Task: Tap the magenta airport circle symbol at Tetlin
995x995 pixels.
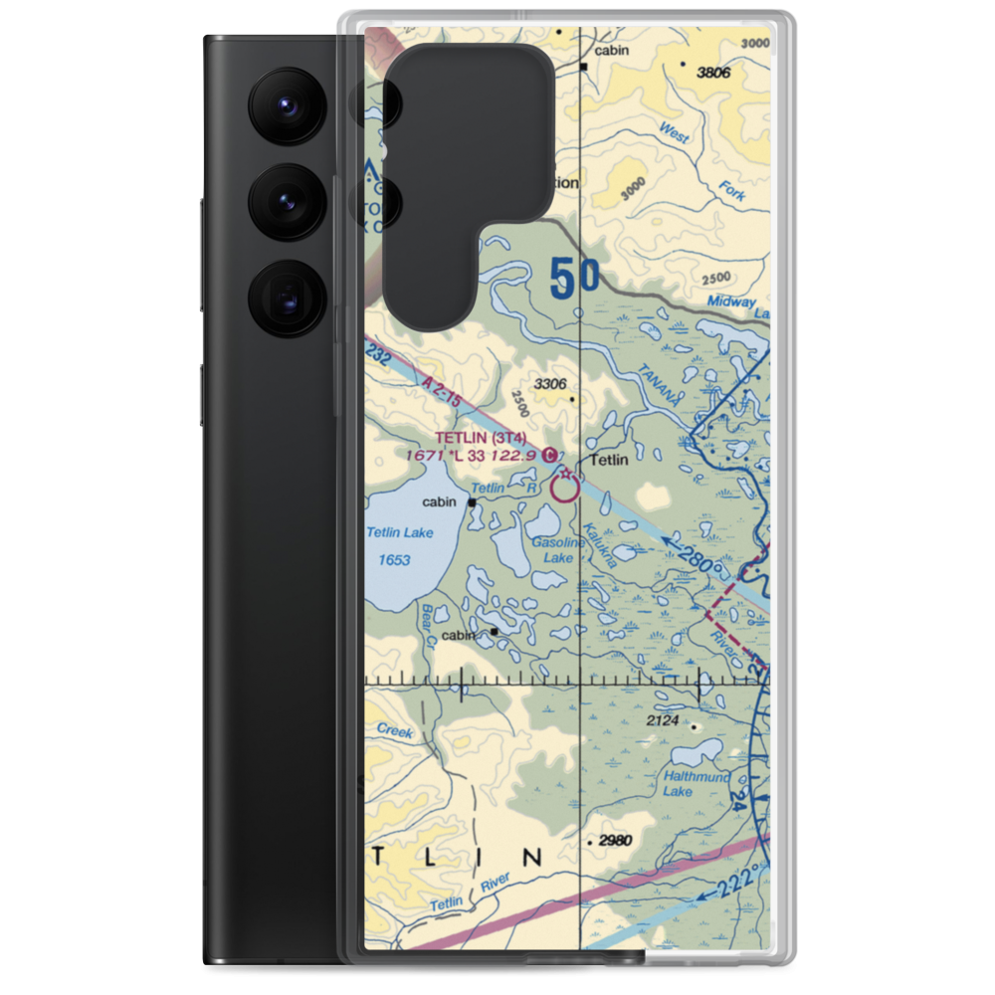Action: [x=565, y=488]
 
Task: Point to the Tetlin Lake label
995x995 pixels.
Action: [x=400, y=532]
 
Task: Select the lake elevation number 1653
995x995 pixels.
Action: [x=394, y=560]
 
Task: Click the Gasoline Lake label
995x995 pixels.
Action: [x=557, y=550]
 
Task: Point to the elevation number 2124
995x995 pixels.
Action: [x=662, y=720]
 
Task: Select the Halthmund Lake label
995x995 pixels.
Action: [x=696, y=783]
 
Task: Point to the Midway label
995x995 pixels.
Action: [x=731, y=301]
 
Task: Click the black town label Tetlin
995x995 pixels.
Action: [x=609, y=460]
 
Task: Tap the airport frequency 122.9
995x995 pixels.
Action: [x=514, y=455]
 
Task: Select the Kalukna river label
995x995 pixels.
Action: [x=601, y=545]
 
